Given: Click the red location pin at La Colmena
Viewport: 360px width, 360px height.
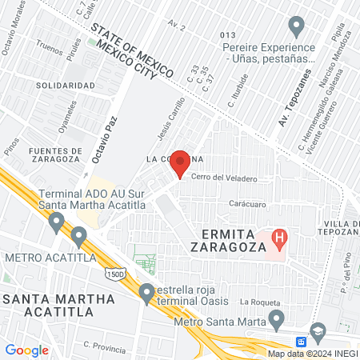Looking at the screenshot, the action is (x=181, y=163).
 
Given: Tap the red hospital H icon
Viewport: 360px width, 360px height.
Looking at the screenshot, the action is (x=279, y=238).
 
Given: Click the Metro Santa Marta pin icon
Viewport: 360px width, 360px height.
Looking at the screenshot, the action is (x=277, y=319).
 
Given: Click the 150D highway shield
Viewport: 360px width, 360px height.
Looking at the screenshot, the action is (x=113, y=274).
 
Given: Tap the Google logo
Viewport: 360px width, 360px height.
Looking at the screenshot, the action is (x=26, y=350).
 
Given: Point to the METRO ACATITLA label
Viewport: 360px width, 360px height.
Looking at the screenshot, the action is (x=50, y=258).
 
